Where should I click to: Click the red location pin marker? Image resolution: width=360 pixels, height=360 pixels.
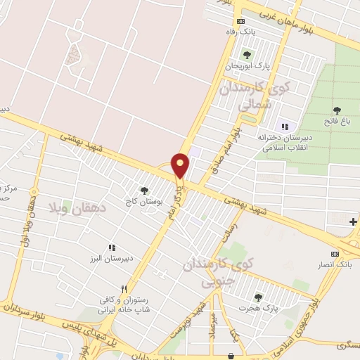[x=181, y=165]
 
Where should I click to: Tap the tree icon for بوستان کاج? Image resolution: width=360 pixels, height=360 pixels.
[x=145, y=190]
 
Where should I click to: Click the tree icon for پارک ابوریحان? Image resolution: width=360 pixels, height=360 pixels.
[x=246, y=55]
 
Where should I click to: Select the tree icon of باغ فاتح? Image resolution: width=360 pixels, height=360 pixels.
[x=337, y=110]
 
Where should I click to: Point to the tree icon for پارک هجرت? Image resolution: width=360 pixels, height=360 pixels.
[x=258, y=297]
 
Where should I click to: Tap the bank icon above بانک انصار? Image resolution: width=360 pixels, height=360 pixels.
[x=335, y=254]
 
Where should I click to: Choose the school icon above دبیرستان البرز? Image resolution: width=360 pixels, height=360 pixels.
[x=111, y=247]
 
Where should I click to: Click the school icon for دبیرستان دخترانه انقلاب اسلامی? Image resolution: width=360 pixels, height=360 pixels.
[x=284, y=127]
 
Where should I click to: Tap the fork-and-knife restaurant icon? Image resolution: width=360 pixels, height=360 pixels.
[x=124, y=288]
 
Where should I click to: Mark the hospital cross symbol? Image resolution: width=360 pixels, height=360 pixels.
[x=354, y=221]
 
